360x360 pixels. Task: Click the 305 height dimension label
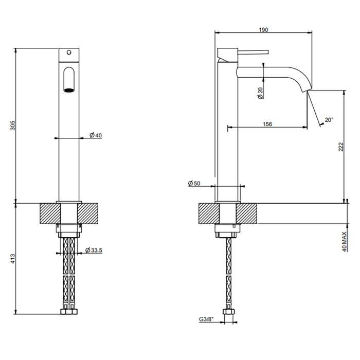click(x=14, y=125)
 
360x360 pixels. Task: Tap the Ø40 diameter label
click(x=95, y=135)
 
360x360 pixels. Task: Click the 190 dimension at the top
click(x=263, y=30)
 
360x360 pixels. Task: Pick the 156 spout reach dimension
click(x=266, y=124)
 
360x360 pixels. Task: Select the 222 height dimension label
click(x=340, y=147)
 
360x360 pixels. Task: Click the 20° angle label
click(x=329, y=120)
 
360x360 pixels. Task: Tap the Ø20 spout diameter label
click(x=260, y=93)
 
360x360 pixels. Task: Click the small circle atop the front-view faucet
click(x=69, y=52)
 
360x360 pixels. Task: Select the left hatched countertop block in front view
click(x=50, y=213)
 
